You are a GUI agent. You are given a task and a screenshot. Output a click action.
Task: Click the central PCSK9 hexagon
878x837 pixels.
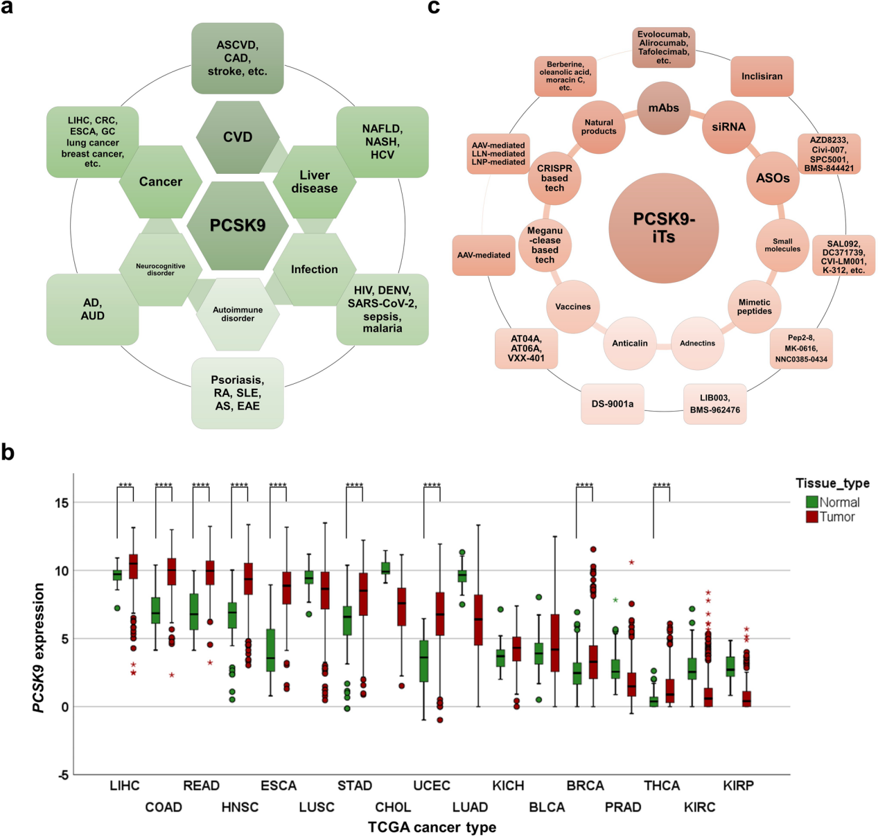(x=238, y=225)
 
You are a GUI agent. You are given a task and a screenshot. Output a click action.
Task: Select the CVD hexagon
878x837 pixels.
(x=238, y=137)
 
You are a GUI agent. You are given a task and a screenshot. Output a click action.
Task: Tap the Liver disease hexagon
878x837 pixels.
(x=314, y=182)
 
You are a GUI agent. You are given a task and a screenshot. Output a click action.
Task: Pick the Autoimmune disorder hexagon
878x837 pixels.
(x=238, y=314)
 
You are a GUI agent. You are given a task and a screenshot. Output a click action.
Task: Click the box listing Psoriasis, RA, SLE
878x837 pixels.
(x=238, y=393)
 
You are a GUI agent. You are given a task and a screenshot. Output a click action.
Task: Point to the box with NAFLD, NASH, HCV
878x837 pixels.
(x=382, y=141)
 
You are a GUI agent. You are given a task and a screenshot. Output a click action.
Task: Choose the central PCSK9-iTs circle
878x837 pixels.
(x=663, y=228)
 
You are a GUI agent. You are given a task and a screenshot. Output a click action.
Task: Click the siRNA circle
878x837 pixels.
(x=728, y=127)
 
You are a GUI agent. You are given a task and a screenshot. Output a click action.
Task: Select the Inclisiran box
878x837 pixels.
(x=762, y=76)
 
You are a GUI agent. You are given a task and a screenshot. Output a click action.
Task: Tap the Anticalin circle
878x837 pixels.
(x=630, y=343)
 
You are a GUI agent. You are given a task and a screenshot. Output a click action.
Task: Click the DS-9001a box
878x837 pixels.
(x=613, y=404)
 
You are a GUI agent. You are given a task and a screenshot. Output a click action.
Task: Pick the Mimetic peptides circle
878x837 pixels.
(x=754, y=307)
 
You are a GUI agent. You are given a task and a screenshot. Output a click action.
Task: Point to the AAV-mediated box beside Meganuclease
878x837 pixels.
(x=484, y=255)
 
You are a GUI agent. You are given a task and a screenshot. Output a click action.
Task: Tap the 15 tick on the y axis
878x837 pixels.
(x=62, y=503)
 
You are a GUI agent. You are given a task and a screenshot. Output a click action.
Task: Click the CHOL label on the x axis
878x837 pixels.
(x=393, y=807)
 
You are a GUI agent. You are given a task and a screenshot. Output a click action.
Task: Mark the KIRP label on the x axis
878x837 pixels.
(x=738, y=786)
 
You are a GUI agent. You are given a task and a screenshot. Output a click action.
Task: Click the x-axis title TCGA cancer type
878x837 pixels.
(x=432, y=827)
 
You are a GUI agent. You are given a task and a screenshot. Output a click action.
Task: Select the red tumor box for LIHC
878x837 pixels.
(x=134, y=565)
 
